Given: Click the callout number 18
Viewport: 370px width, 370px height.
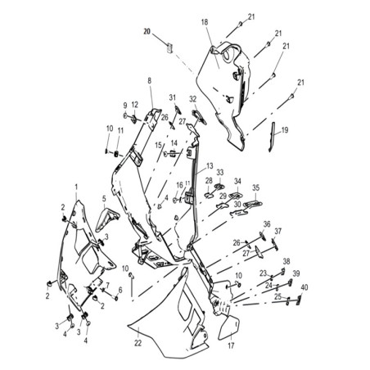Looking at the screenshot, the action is pos(205,22).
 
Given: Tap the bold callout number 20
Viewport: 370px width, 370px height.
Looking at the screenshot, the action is pos(147,32).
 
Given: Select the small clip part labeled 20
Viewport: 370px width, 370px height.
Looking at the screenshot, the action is pos(169,48).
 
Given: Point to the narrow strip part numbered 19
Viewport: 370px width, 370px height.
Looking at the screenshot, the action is pos(272,137).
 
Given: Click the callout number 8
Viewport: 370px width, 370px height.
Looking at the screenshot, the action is pos(149,81).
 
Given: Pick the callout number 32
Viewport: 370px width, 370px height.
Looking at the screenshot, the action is pos(193,99).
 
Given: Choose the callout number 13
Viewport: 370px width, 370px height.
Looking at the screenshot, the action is pos(210,166).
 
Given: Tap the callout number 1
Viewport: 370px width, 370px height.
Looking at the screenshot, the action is pos(76,187).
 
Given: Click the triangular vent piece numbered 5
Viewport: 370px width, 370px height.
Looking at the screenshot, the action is pos(106,219).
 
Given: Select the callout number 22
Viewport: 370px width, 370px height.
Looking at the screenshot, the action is pos(138,343).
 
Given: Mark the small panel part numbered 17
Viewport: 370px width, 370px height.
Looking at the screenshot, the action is pos(228,327).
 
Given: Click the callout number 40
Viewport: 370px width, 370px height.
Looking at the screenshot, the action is pos(305,287).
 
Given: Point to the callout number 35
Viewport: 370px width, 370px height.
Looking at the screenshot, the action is pos(255,187).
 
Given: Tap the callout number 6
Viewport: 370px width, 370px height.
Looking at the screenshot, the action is pos(120,290).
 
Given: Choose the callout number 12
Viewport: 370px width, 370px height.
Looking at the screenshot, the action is pos(135,105).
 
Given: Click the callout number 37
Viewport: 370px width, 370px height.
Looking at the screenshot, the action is pos(277,232).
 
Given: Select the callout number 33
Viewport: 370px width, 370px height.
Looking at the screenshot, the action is pos(220,173).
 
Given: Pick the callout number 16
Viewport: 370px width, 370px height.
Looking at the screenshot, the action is pos(179,185).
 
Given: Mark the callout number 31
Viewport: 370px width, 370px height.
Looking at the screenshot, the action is pos(173,97).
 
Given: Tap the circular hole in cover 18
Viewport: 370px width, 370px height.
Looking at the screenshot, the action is pos(228,56).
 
